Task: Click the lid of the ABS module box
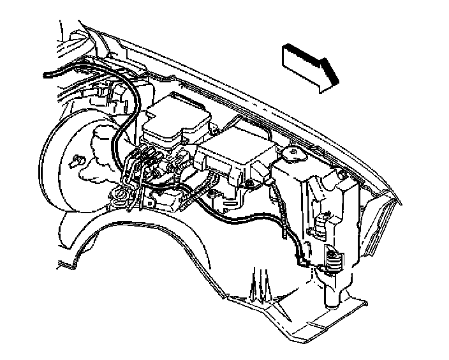pos(175,114)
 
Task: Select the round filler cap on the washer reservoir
pos(293,153)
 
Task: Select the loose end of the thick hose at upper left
pos(46,75)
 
